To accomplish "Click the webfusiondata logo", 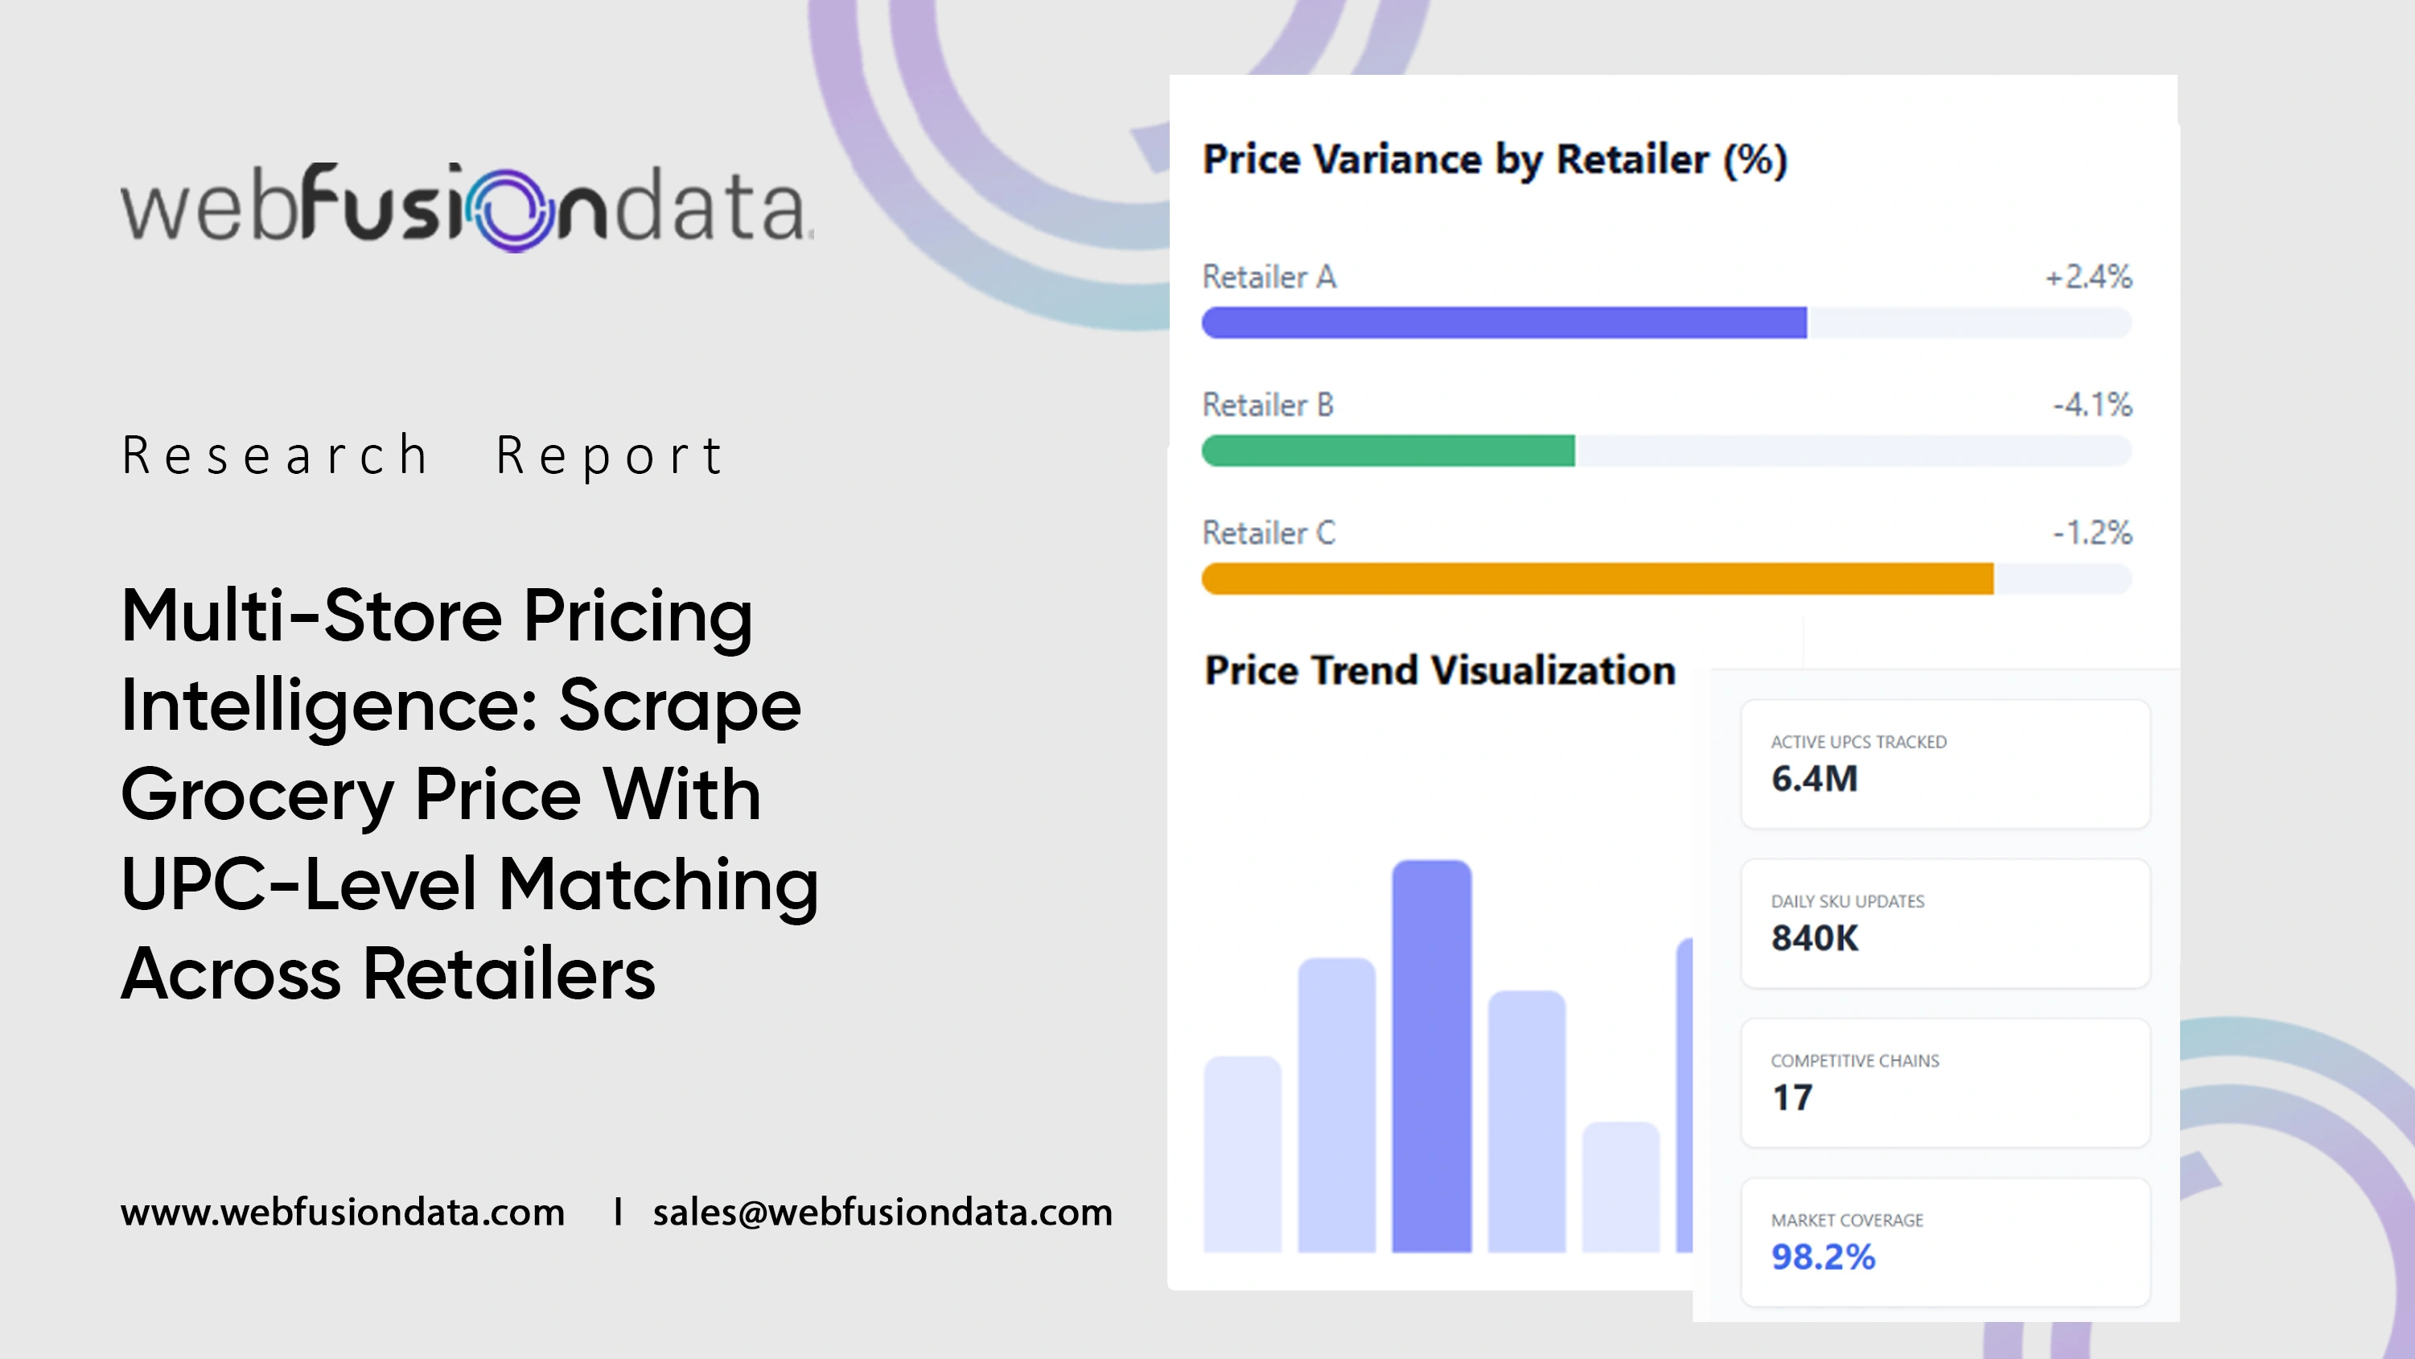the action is click(x=467, y=208).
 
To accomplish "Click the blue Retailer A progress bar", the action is click(x=1504, y=323).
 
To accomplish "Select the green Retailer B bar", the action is click(x=1388, y=451).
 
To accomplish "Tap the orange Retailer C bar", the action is click(x=1598, y=579).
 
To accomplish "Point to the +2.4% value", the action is click(x=2088, y=277).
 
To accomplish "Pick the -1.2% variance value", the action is click(x=2092, y=533).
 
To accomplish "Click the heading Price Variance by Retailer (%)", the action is click(x=1495, y=159).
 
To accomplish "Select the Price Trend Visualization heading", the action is click(x=1440, y=669).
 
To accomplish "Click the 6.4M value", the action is click(x=1814, y=778).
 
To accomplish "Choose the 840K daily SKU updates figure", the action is click(x=1814, y=938).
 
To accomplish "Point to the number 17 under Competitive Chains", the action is click(x=1792, y=1097).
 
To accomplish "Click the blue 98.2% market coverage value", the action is click(x=1822, y=1257).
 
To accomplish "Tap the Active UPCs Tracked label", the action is click(x=1858, y=742).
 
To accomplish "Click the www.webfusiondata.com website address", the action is click(x=342, y=1212).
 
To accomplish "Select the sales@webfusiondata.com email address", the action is click(x=882, y=1212).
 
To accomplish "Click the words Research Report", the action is click(x=422, y=455).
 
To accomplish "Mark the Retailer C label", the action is click(x=1269, y=533).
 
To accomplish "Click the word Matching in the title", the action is click(x=658, y=883).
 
